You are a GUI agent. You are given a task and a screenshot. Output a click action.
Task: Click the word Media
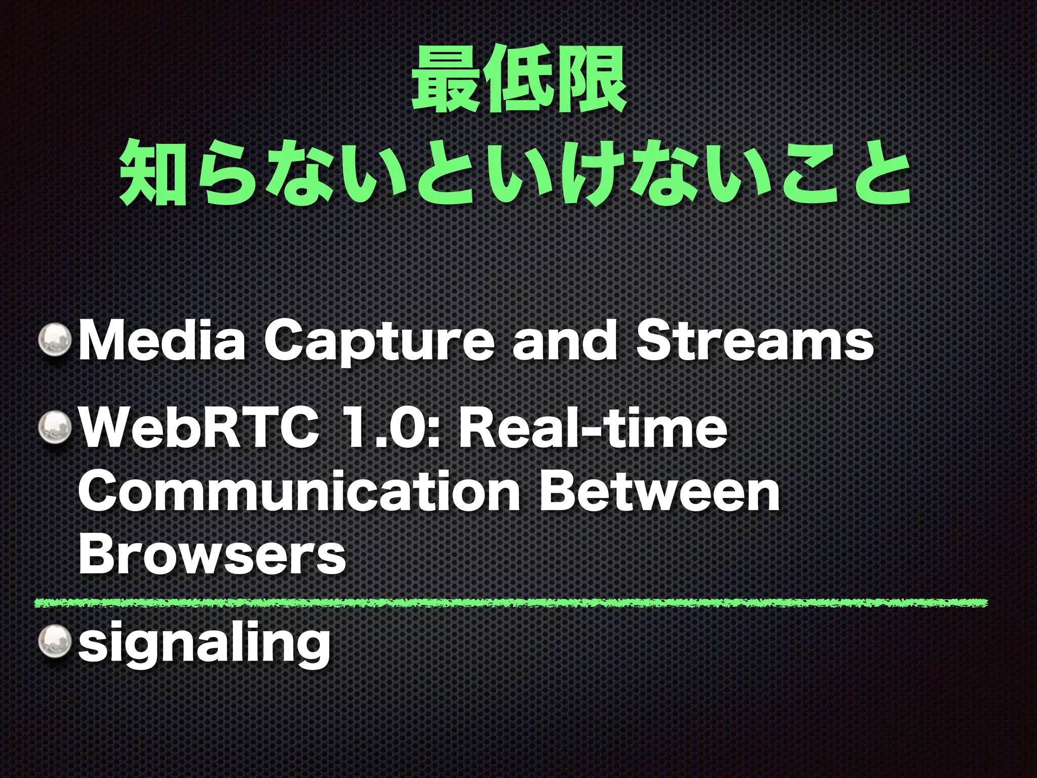click(162, 341)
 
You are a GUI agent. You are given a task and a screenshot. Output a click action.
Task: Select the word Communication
click(299, 491)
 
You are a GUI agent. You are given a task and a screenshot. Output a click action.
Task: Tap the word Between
click(659, 491)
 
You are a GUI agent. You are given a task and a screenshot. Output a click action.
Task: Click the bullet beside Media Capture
click(56, 341)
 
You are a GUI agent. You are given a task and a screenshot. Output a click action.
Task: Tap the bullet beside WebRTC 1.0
click(56, 430)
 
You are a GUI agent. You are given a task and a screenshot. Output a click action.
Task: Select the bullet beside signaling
click(56, 642)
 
